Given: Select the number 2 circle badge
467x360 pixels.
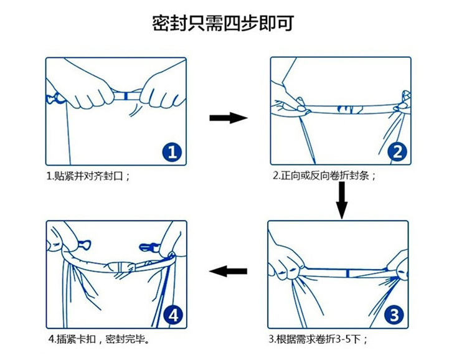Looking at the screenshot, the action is [x=398, y=151].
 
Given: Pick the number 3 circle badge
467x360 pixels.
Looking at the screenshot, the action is [x=394, y=315].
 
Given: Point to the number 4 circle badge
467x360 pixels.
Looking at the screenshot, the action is [x=173, y=316].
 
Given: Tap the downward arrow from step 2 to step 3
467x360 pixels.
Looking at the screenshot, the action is [x=341, y=201].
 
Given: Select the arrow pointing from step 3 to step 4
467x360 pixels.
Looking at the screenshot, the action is [x=228, y=271].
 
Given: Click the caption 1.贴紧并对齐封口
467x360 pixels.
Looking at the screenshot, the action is [x=88, y=176].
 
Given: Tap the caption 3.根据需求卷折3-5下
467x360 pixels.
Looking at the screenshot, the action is [x=318, y=339].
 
